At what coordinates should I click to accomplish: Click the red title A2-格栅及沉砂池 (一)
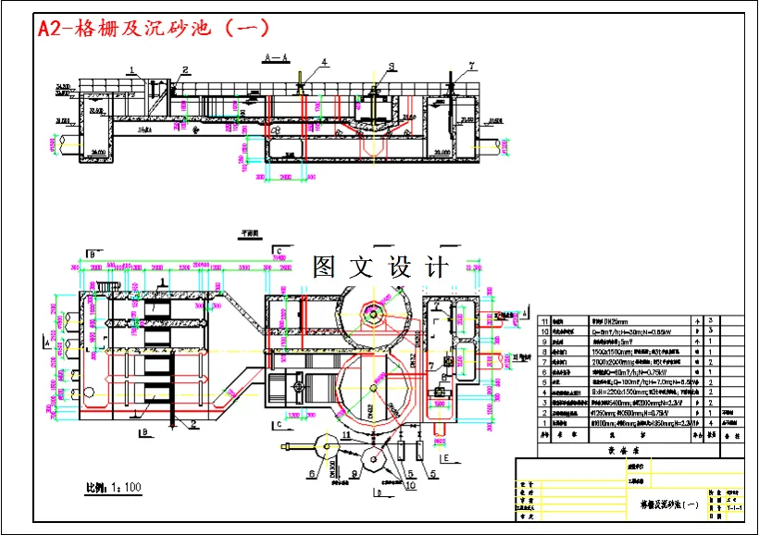(154, 28)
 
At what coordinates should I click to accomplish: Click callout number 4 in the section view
(325, 62)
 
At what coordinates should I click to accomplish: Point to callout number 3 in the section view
(392, 67)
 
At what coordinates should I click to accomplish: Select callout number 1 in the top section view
(132, 70)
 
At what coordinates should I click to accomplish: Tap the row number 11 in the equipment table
(544, 319)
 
